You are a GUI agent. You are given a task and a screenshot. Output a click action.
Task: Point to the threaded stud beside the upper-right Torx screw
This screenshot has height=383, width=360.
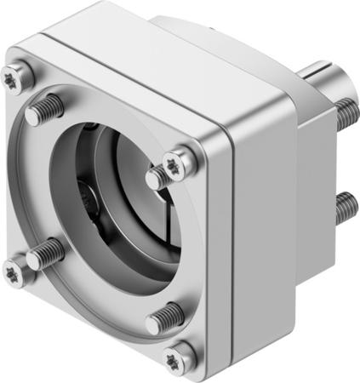tap(158, 177)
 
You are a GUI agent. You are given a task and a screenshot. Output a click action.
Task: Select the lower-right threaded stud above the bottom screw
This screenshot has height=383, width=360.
tap(164, 318)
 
